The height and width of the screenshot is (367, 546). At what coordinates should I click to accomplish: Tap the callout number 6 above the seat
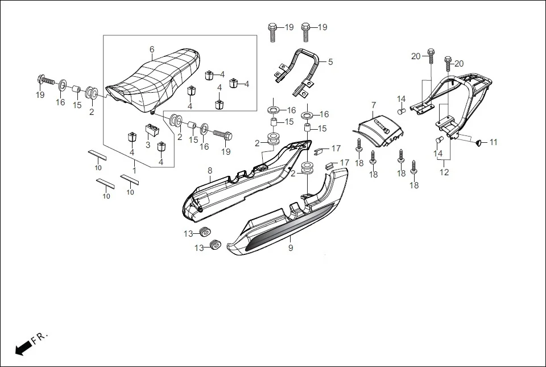pyautogui.click(x=152, y=50)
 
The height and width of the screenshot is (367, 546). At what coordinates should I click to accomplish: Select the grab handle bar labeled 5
pyautogui.click(x=299, y=71)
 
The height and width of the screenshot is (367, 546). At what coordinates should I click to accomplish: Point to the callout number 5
pyautogui.click(x=330, y=61)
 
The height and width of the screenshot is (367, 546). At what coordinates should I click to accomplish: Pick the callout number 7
pyautogui.click(x=374, y=105)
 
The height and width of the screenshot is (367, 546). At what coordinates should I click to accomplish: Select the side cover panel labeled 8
pyautogui.click(x=239, y=182)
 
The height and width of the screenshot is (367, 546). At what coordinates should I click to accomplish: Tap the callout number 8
pyautogui.click(x=209, y=170)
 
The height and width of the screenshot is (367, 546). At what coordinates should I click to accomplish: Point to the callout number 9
pyautogui.click(x=290, y=248)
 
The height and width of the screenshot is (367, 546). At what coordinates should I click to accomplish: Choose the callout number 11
pyautogui.click(x=493, y=142)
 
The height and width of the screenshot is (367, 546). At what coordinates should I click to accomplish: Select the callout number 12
pyautogui.click(x=444, y=172)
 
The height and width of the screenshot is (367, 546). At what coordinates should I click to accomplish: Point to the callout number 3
pyautogui.click(x=147, y=145)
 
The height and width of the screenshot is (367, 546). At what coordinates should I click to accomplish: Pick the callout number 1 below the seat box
pyautogui.click(x=134, y=170)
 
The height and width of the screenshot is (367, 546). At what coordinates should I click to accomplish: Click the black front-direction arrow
pyautogui.click(x=23, y=348)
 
